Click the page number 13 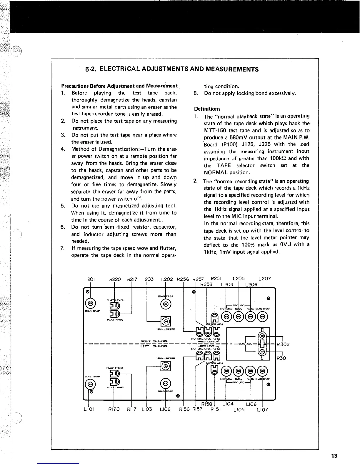pos(334,456)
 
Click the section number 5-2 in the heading pos(91,69)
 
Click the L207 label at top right pos(264,278)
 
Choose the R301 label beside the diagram pos(283,358)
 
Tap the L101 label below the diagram pos(89,409)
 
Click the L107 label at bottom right pos(262,410)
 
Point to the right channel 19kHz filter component pos(166,321)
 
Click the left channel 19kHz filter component pos(166,366)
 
